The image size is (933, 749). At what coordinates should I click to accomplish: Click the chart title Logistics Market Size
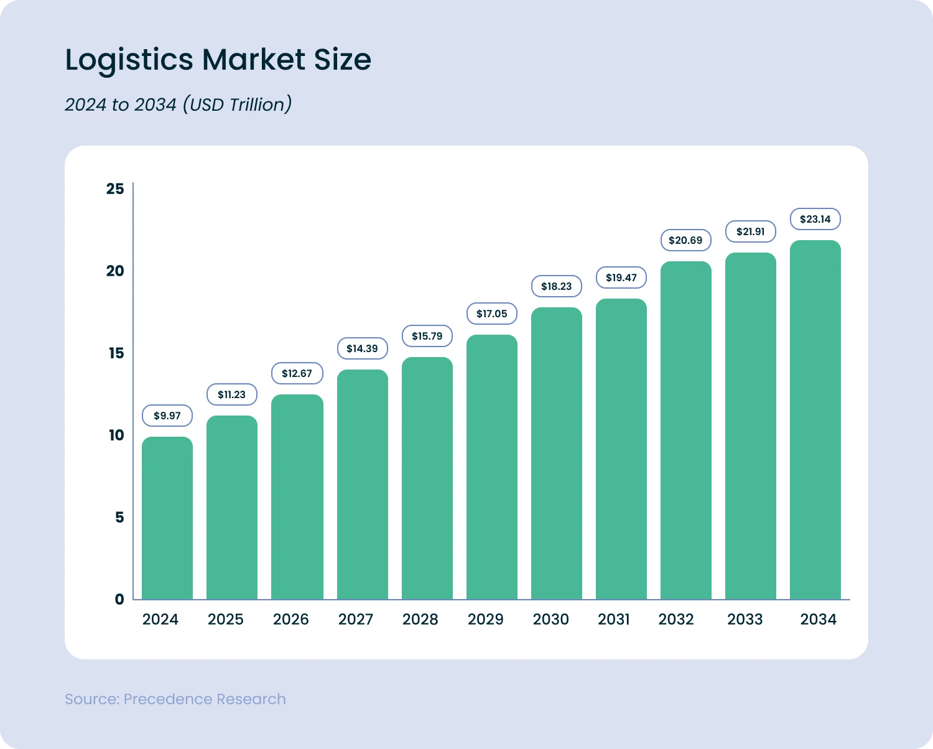218,60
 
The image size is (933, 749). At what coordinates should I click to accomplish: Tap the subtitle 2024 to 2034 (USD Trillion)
178,105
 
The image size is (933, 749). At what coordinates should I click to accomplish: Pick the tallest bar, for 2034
815,420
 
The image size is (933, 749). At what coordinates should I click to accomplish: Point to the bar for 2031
621,449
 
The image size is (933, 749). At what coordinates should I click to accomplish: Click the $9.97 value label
167,416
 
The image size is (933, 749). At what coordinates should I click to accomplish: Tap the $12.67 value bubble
297,373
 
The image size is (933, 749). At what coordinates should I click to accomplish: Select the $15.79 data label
427,336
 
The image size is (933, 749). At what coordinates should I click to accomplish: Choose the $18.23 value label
556,286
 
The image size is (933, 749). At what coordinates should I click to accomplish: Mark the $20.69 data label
685,240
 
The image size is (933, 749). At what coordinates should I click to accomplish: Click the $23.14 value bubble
815,219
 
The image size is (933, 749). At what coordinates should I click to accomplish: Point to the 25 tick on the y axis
115,189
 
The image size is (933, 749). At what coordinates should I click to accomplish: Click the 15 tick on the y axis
116,353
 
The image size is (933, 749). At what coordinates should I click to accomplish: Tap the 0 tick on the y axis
119,600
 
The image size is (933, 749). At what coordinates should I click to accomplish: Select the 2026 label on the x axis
290,620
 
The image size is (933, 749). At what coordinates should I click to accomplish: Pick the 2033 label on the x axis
745,620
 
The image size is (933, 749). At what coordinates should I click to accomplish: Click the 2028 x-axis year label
420,620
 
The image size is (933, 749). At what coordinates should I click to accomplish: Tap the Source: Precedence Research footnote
175,699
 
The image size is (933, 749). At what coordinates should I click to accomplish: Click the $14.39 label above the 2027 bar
362,348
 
